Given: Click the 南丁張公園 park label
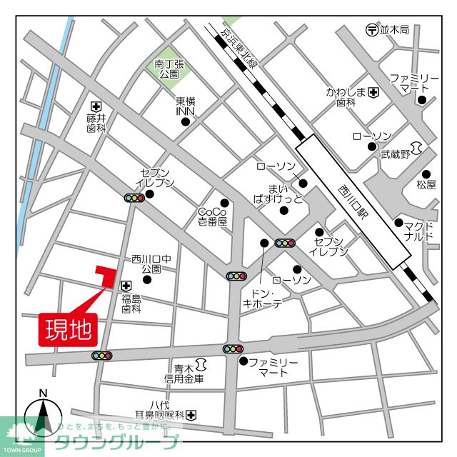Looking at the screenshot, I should tap(169, 68).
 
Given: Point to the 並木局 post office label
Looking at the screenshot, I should tap(394, 30).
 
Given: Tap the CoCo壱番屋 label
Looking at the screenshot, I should tap(212, 217).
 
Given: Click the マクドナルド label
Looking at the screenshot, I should tap(418, 230).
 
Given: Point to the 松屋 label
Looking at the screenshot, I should tap(426, 184).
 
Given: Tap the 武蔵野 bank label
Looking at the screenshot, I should tap(396, 154).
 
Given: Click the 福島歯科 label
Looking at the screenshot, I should tap(131, 303).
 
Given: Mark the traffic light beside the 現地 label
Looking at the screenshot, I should tap(102, 356).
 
